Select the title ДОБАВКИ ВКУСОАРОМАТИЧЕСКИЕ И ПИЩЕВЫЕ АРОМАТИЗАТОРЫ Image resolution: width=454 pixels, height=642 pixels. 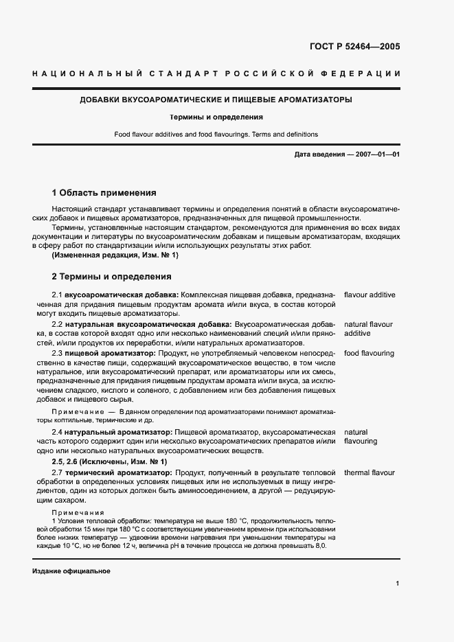216,100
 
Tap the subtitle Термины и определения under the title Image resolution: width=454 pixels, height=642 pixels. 216,117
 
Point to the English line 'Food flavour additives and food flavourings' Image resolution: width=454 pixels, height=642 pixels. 216,134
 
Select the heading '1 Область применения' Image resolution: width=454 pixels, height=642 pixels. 104,193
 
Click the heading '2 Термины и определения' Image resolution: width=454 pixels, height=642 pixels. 111,277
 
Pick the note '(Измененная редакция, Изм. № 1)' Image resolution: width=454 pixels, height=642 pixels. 115,255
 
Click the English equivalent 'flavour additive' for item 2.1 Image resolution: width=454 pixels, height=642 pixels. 370,295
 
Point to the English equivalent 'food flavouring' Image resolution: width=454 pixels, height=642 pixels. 369,353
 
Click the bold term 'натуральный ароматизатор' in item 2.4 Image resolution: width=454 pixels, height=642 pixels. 119,431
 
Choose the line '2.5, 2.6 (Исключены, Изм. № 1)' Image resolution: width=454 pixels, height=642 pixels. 109,462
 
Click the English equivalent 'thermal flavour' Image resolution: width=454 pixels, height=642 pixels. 370,473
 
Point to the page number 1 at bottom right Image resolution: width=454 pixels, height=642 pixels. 398,584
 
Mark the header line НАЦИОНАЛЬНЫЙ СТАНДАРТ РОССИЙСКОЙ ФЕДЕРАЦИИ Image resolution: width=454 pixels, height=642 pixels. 216,73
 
